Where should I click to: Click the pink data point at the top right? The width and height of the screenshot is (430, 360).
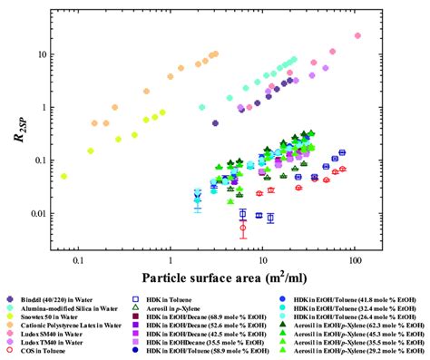(357, 36)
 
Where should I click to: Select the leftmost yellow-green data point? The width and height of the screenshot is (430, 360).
(64, 177)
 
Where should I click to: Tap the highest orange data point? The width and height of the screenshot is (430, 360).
(215, 54)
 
